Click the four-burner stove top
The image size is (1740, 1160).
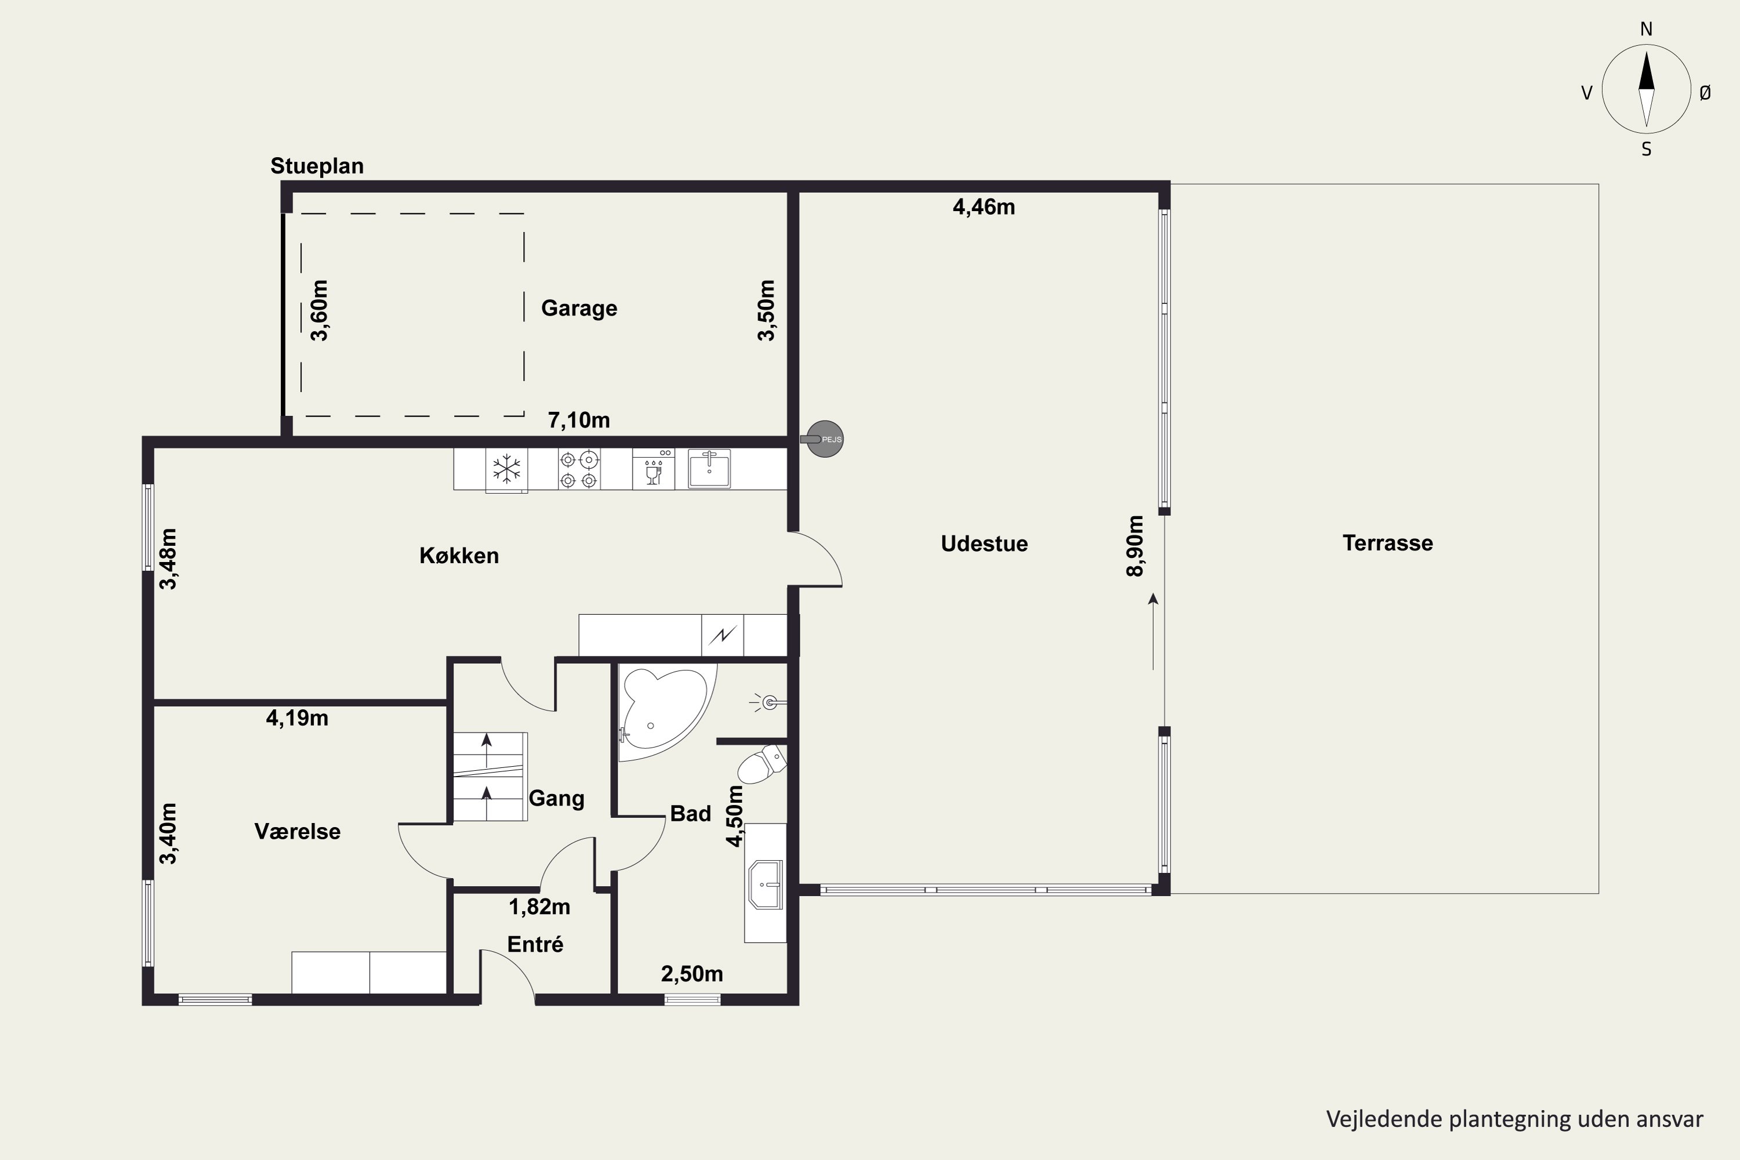(578, 470)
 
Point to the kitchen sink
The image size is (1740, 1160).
(709, 469)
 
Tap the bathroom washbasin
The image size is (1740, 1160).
(766, 884)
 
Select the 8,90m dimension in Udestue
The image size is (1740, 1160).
(1135, 546)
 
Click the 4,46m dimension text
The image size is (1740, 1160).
(983, 207)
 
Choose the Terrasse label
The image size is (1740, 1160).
(1387, 543)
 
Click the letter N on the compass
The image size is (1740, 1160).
(1646, 30)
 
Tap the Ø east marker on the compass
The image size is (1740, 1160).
(1705, 92)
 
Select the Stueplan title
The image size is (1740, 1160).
(317, 166)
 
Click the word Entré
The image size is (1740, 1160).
(535, 944)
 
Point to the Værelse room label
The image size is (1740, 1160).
(298, 832)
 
